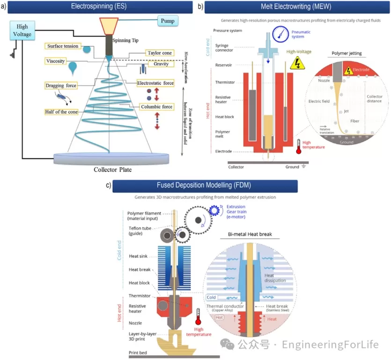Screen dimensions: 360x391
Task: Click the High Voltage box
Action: point(22,31)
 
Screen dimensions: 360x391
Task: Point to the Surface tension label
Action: point(63,46)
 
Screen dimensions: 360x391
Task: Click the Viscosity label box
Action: point(56,61)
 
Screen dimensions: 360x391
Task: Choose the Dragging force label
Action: point(61,85)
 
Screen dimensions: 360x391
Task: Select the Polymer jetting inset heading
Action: point(346,53)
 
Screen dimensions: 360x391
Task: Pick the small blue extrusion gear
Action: point(215,210)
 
